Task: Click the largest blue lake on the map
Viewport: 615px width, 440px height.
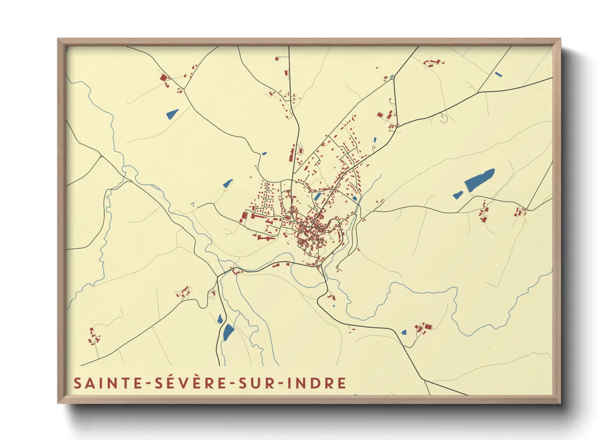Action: point(479,180)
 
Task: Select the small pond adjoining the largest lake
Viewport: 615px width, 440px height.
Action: point(458,195)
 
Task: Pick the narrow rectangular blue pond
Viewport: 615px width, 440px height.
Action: point(498,74)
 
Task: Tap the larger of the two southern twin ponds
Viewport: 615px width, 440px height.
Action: point(228,332)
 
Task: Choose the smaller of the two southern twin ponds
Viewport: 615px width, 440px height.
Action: point(220,319)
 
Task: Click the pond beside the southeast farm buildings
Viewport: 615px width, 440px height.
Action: point(404,332)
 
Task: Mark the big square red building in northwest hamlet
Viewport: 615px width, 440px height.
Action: point(163,78)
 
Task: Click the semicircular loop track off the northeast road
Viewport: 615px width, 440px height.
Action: point(444,118)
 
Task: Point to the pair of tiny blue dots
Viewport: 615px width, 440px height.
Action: point(192,204)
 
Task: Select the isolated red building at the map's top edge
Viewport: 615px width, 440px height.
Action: point(277,59)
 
